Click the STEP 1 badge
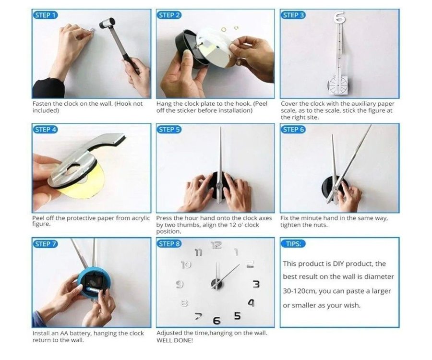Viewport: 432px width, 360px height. click(46, 15)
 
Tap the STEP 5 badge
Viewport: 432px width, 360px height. click(169, 129)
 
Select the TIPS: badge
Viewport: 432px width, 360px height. click(293, 244)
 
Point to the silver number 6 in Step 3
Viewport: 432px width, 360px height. click(339, 17)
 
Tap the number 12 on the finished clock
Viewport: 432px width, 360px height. click(216, 245)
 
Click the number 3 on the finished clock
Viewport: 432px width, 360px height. click(256, 284)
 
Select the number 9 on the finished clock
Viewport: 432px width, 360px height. click(180, 284)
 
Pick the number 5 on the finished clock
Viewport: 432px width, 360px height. click(237, 316)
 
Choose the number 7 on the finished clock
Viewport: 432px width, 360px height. click(198, 316)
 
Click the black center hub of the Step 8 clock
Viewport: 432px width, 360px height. click(216, 284)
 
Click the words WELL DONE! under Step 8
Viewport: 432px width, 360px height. click(175, 340)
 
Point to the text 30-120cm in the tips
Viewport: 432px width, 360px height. click(300, 291)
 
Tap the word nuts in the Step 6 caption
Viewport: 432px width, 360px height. click(320, 225)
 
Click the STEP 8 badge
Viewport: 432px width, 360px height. click(169, 244)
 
